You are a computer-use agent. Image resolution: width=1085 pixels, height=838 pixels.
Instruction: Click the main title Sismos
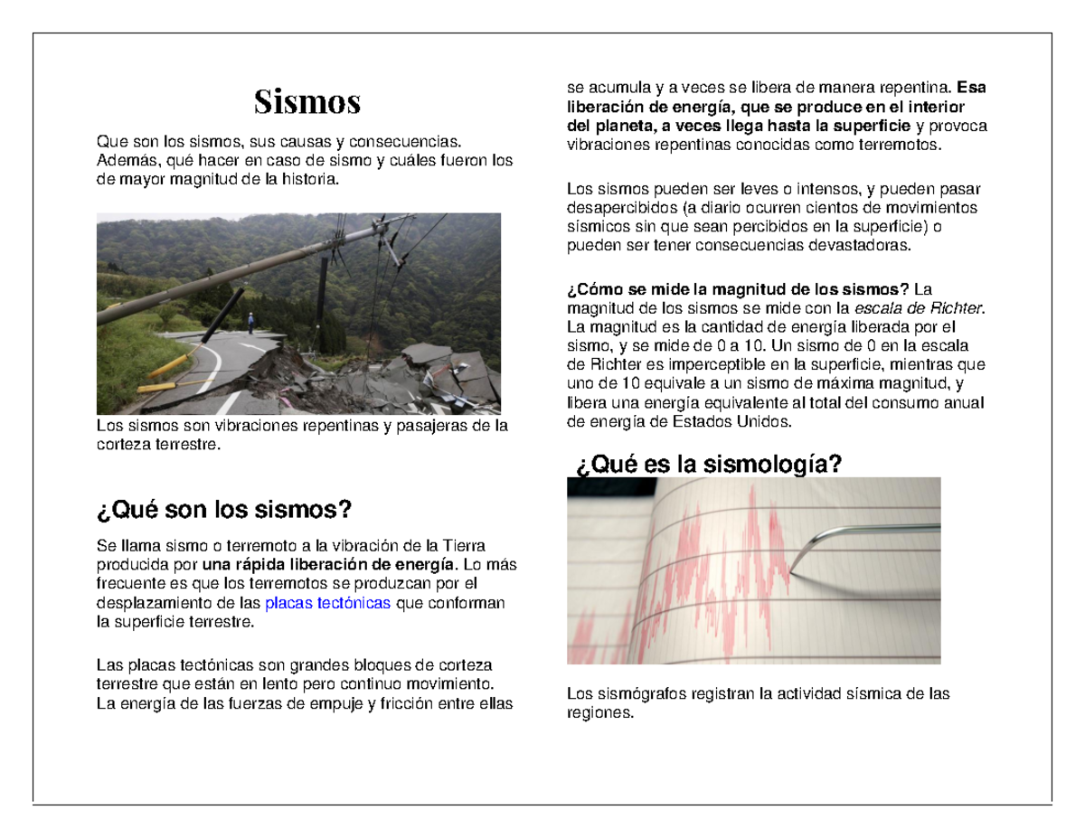coord(307,102)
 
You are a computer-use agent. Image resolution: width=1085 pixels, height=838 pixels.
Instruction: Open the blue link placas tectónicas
coord(327,603)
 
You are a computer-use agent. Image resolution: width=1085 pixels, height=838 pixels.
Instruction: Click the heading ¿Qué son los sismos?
coord(223,511)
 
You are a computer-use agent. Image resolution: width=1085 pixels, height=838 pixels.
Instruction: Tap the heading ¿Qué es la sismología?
coord(708,465)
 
